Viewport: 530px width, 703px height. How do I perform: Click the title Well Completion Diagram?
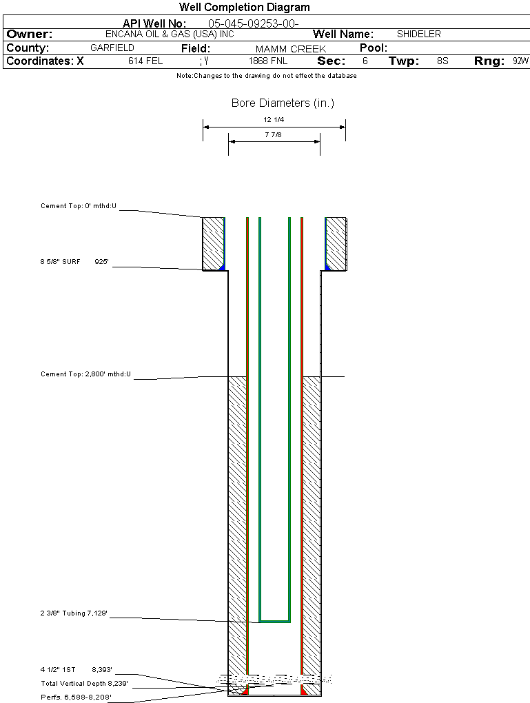pos(244,7)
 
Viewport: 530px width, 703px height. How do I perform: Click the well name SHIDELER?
pos(419,34)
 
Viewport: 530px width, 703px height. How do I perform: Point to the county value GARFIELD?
pos(112,48)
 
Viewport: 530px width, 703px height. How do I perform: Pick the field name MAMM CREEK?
pos(290,49)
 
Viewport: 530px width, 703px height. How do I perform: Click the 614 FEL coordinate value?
pos(145,61)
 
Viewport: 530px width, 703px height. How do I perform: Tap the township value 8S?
pos(442,61)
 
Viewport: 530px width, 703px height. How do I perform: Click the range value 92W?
pos(520,61)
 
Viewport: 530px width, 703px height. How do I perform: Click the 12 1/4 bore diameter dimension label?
pos(274,120)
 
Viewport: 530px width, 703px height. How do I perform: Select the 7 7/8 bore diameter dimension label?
pos(274,135)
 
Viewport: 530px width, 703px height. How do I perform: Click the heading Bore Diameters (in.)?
pos(283,103)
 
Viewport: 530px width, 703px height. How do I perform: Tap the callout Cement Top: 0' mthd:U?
pos(79,206)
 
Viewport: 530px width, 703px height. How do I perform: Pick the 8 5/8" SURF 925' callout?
pos(74,262)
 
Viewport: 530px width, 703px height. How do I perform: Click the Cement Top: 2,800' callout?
pos(85,374)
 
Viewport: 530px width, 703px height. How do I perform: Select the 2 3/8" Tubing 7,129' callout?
pos(74,613)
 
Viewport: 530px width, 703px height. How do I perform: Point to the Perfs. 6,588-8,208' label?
pos(76,697)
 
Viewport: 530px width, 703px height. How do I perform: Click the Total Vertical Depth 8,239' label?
pos(84,683)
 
